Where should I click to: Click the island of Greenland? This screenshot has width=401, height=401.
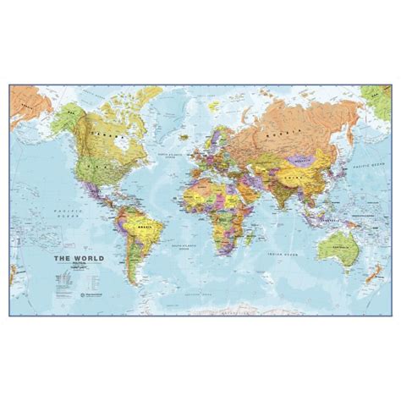tap(183, 105)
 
